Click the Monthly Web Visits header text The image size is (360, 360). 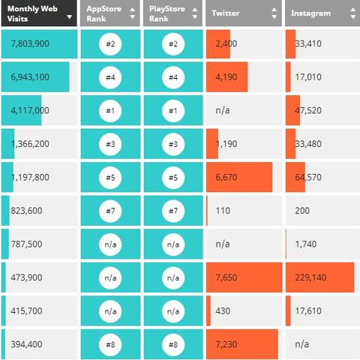[32, 13]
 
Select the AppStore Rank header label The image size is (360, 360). [104, 13]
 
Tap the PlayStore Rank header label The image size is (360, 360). [167, 13]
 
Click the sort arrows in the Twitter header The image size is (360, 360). [274, 13]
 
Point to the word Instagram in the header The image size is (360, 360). [310, 13]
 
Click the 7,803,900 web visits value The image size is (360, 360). [30, 43]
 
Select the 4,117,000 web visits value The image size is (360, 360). [30, 110]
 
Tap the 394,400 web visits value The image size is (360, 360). [26, 344]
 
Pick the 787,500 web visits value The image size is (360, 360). [26, 244]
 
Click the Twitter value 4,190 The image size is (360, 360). [226, 77]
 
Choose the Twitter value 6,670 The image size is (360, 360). [226, 177]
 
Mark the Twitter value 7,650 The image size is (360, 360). [226, 277]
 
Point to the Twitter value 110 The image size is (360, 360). [223, 211]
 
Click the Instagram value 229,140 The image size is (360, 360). [310, 277]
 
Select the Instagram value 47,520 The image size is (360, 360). [308, 110]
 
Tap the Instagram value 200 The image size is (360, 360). [302, 211]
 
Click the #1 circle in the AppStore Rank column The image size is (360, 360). [110, 111]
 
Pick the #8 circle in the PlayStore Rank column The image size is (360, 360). [173, 344]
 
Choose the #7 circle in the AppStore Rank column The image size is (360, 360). [110, 211]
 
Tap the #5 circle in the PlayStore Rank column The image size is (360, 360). [173, 178]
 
